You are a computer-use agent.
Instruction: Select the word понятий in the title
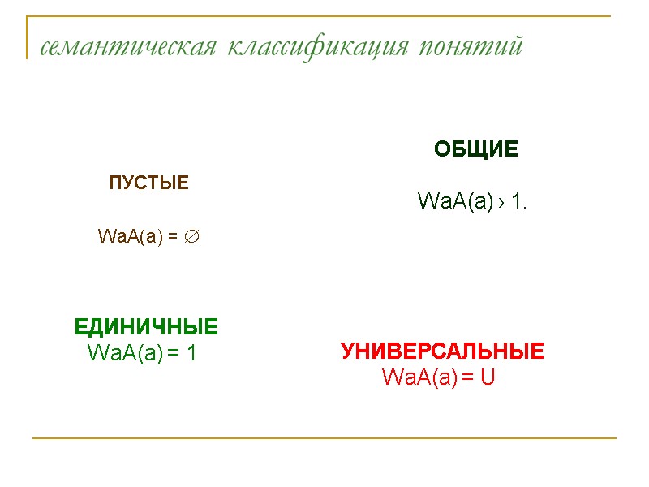(x=471, y=47)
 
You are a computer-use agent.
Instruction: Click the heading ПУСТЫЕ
(x=149, y=183)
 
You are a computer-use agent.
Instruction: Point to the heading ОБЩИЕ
(x=476, y=149)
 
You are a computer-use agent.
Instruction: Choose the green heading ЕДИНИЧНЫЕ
(x=146, y=327)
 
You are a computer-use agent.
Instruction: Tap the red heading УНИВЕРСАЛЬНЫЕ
(x=442, y=351)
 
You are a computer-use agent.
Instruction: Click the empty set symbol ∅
(x=192, y=236)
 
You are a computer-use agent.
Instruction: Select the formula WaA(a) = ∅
(x=149, y=236)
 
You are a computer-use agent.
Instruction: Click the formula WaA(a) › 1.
(x=472, y=200)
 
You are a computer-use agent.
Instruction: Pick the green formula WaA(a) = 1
(x=142, y=353)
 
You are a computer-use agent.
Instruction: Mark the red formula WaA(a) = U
(x=438, y=377)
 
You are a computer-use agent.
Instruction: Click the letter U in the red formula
(x=487, y=377)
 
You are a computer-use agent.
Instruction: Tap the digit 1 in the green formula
(x=191, y=353)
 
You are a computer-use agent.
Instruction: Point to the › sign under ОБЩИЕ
(x=503, y=201)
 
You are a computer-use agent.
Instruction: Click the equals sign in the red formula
(x=468, y=377)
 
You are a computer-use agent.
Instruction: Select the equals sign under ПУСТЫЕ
(x=173, y=237)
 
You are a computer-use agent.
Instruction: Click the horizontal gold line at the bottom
(x=324, y=438)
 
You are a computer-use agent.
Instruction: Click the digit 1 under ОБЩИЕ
(x=518, y=200)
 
